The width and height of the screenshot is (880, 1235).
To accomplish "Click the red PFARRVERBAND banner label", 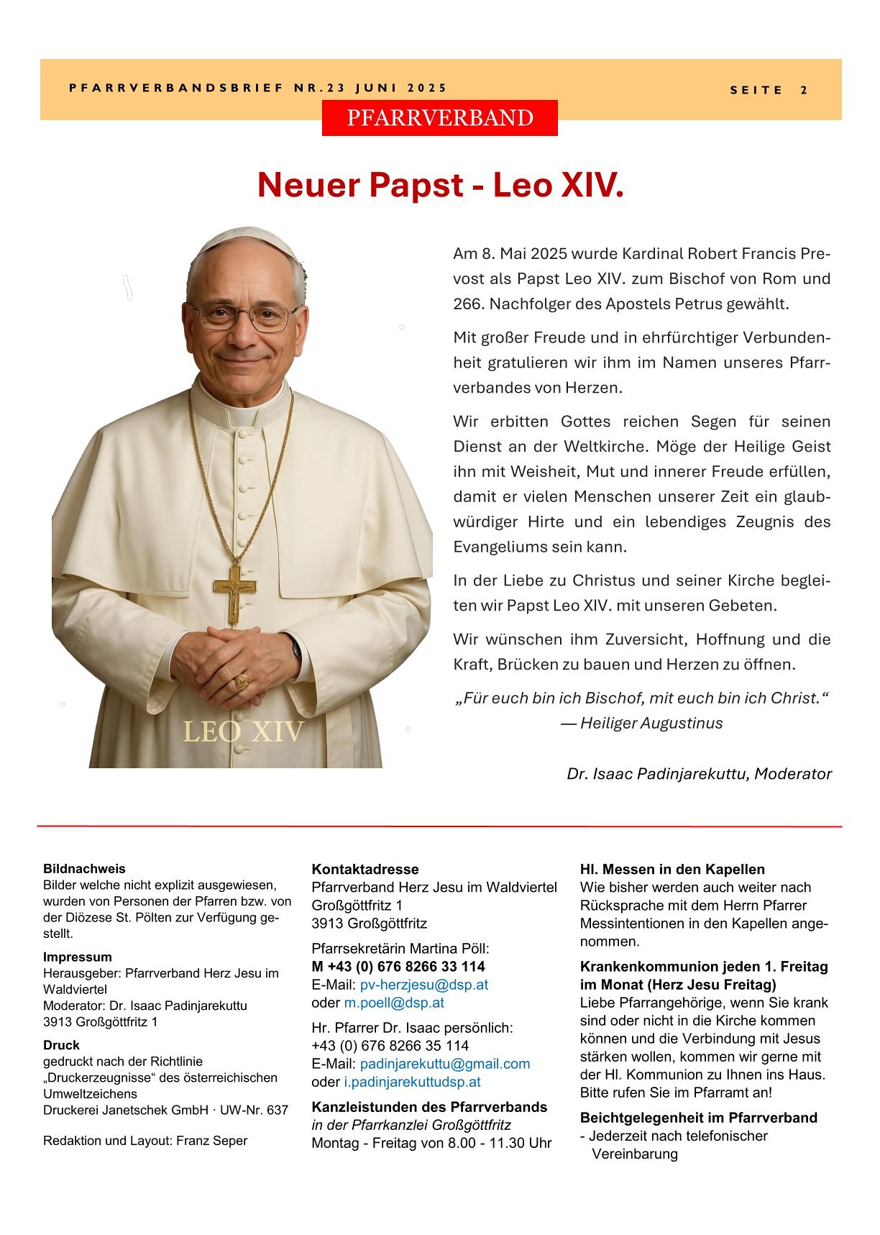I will click(439, 118).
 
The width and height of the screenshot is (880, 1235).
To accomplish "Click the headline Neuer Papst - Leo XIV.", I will click(440, 185).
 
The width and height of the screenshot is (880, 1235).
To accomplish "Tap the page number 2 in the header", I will click(804, 91).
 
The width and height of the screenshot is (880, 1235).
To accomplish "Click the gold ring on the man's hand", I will click(242, 681).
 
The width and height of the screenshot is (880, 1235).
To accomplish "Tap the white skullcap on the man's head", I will click(248, 240).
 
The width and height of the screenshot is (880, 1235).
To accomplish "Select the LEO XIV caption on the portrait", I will click(243, 732).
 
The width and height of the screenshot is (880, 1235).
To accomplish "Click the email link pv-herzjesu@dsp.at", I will click(423, 985).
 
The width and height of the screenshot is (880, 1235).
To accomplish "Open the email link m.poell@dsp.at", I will click(394, 1003).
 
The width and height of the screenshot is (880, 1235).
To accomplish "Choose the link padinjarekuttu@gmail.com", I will click(444, 1064).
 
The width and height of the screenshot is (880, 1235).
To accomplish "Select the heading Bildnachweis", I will click(84, 869).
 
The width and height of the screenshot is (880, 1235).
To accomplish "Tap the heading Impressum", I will click(78, 957).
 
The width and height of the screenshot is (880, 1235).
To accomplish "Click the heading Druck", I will click(61, 1045).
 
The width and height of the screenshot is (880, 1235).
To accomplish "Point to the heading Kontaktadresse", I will click(365, 870).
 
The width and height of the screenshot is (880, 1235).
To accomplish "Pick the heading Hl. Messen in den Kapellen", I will click(672, 870).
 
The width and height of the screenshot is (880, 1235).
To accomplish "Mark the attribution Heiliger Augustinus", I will click(651, 724).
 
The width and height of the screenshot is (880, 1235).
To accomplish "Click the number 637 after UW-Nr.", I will click(277, 1110).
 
